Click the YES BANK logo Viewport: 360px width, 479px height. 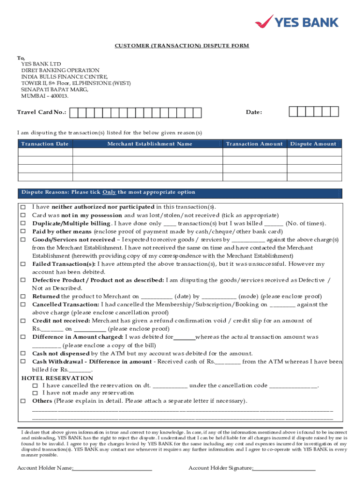(x=296, y=22)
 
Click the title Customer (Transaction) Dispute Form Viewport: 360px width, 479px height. (x=182, y=46)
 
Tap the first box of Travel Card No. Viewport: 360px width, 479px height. (x=81, y=113)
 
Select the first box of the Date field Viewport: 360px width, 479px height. (x=293, y=112)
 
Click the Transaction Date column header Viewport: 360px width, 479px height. (x=45, y=144)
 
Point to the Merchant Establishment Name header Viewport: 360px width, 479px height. (x=150, y=144)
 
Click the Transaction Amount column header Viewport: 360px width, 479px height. (x=254, y=144)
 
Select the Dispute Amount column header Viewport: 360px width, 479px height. (x=313, y=144)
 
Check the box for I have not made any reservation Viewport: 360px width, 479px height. (x=35, y=393)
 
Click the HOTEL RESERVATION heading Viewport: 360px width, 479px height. (x=58, y=378)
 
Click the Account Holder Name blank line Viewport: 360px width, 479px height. (x=112, y=468)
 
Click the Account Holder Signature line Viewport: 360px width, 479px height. (x=284, y=468)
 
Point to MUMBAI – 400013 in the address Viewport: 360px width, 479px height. (x=44, y=96)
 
